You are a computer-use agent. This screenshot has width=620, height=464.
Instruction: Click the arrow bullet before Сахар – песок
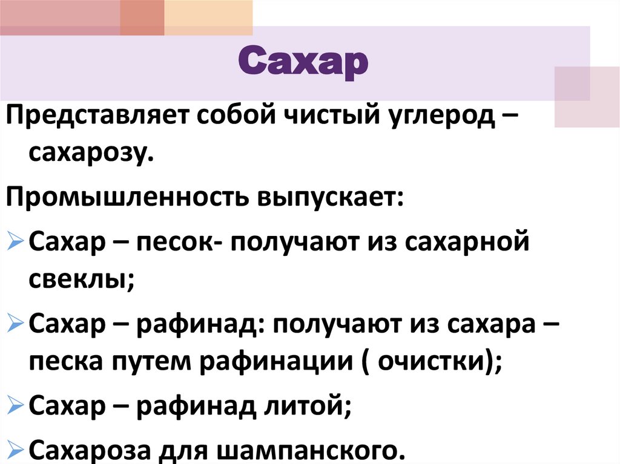(x=16, y=243)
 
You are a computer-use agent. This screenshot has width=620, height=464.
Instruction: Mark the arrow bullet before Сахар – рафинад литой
(x=16, y=406)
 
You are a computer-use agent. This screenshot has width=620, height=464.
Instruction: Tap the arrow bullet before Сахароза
(x=16, y=449)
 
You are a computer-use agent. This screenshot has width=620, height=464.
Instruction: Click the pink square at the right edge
(x=587, y=96)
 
